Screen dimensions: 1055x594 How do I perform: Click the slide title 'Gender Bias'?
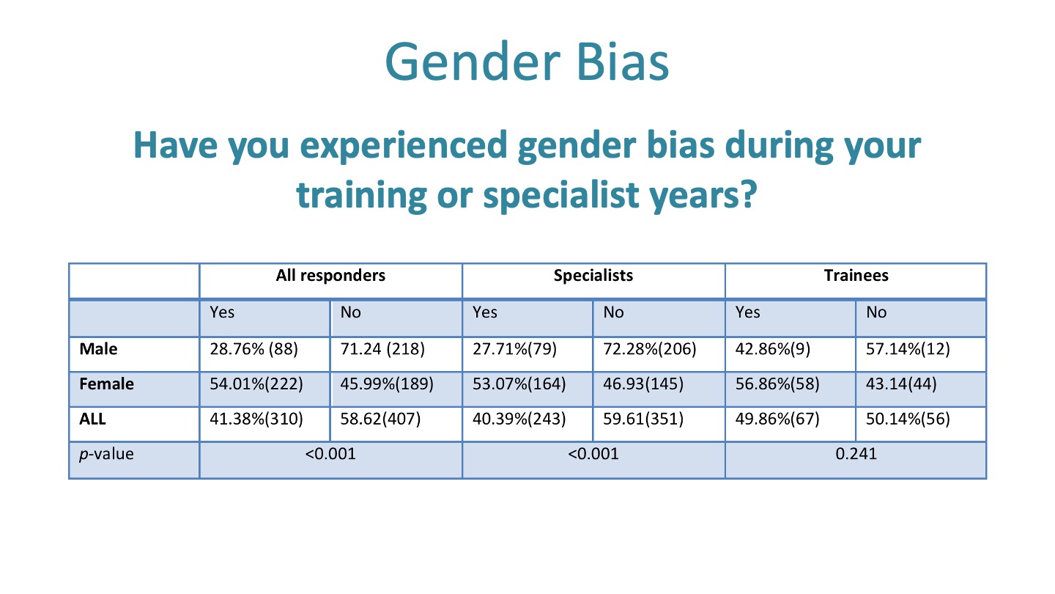tap(527, 62)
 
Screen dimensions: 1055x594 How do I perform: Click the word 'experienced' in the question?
tap(404, 146)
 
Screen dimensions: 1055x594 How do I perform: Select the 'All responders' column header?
tap(330, 275)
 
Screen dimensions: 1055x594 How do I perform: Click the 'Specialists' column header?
tap(593, 275)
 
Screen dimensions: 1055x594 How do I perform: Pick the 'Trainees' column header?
tap(856, 275)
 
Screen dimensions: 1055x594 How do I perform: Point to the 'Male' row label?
tap(98, 349)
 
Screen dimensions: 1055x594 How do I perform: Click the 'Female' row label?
tap(106, 384)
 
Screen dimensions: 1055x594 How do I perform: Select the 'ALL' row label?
tap(92, 419)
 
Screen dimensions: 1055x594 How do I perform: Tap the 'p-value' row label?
tap(106, 453)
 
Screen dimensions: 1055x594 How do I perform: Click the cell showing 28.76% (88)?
tap(253, 349)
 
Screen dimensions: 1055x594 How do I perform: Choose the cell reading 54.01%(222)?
tap(256, 384)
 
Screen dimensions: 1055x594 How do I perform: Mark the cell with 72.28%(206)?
tap(649, 349)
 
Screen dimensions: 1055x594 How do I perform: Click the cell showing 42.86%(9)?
tap(772, 349)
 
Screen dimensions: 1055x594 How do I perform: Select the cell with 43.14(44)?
tap(901, 384)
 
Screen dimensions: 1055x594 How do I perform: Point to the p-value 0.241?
tap(856, 453)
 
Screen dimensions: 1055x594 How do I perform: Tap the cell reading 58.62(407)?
tap(380, 419)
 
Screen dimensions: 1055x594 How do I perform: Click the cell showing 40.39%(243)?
tap(519, 419)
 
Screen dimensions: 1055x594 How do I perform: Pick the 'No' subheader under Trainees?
tap(876, 312)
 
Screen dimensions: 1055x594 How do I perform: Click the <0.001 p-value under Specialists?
tap(593, 453)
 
